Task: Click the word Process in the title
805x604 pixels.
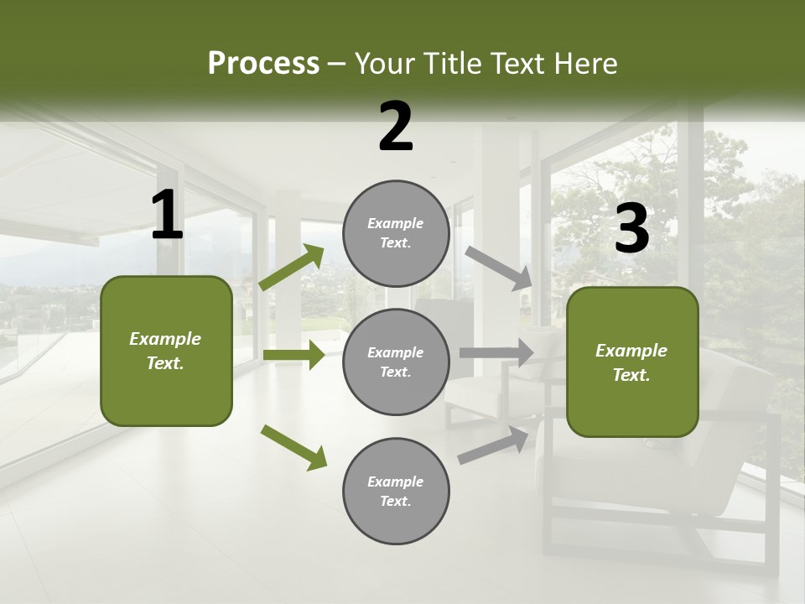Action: pyautogui.click(x=263, y=64)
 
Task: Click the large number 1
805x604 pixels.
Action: pyautogui.click(x=167, y=216)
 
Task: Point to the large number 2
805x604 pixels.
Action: pyautogui.click(x=396, y=127)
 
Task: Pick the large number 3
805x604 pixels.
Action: pyautogui.click(x=631, y=229)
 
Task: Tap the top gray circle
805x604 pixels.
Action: pyautogui.click(x=396, y=233)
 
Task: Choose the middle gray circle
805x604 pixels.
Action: pyautogui.click(x=396, y=362)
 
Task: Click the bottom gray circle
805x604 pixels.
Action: pyautogui.click(x=396, y=491)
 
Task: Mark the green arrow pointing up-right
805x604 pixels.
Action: pyautogui.click(x=292, y=268)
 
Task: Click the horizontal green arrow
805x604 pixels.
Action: pyautogui.click(x=293, y=355)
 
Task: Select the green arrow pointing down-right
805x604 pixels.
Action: pyautogui.click(x=293, y=447)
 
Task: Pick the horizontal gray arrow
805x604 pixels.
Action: pyautogui.click(x=496, y=352)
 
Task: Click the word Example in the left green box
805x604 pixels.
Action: pyautogui.click(x=165, y=339)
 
